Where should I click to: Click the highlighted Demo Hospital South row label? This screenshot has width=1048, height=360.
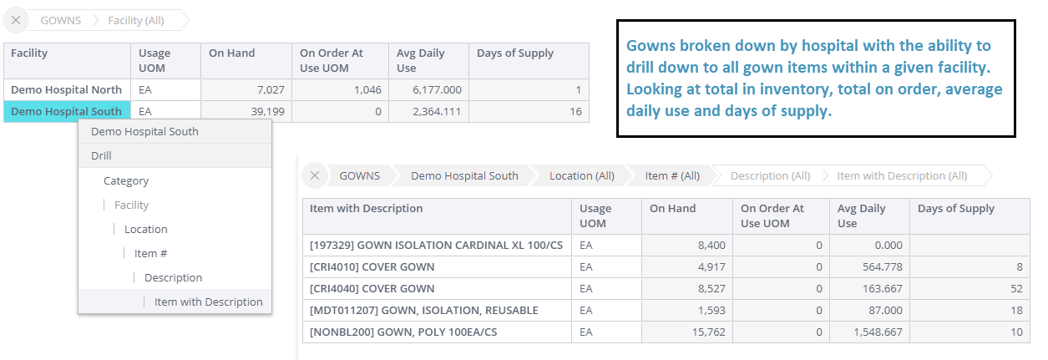(x=66, y=111)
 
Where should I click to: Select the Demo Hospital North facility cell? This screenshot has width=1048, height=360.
(x=66, y=89)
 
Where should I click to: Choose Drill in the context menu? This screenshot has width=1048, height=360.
(x=102, y=155)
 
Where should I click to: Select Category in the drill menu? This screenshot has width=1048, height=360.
(x=126, y=180)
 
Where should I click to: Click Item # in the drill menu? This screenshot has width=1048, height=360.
(x=151, y=253)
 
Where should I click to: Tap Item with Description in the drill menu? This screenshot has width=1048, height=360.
(x=208, y=302)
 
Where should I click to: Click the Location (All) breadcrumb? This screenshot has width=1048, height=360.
(x=581, y=175)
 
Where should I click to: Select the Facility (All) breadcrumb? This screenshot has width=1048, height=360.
(x=136, y=20)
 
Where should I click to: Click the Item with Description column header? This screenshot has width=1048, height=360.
(x=366, y=208)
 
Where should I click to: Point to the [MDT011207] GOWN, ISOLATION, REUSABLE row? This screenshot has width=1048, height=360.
(x=423, y=310)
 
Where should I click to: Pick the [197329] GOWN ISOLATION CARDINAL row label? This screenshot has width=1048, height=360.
(x=436, y=245)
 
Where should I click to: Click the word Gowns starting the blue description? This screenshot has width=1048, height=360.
(x=647, y=46)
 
